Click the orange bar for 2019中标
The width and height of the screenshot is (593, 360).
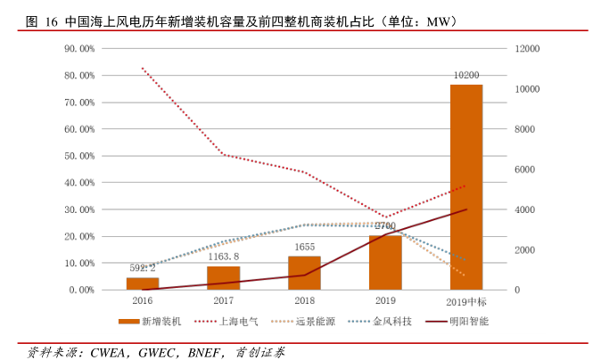tap(465, 187)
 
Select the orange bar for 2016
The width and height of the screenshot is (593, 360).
tap(143, 283)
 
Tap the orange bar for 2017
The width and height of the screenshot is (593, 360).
tap(224, 278)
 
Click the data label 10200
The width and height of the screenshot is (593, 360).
tap(465, 76)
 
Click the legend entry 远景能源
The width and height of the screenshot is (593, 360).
tap(309, 320)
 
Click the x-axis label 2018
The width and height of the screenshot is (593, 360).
tap(304, 301)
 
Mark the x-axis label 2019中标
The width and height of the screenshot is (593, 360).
tap(465, 301)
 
